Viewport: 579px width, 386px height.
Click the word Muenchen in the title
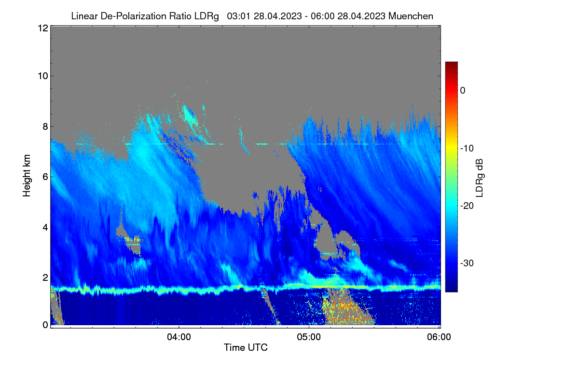(411, 16)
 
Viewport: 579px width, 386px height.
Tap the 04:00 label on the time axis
(179, 337)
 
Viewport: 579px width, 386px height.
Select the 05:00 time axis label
(309, 337)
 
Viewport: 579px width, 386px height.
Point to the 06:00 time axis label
(439, 337)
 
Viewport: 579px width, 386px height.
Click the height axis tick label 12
(43, 28)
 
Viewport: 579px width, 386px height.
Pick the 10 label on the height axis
(43, 76)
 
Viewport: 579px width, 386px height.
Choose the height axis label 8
(45, 126)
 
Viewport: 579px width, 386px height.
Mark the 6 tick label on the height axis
(45, 177)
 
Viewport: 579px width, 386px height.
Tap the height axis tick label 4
(45, 228)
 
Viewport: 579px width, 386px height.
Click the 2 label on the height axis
(45, 277)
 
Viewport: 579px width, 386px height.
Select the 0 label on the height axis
(45, 325)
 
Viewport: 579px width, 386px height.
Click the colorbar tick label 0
(463, 91)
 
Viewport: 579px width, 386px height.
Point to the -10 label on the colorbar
(467, 149)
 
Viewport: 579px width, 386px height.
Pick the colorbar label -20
(467, 206)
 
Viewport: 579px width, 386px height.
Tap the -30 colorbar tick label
(467, 263)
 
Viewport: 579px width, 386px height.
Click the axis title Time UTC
(246, 347)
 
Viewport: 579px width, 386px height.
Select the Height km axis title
(27, 176)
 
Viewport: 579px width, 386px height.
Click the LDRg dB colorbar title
(480, 178)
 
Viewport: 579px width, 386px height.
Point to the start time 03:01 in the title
(238, 16)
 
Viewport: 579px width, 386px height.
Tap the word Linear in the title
(84, 16)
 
